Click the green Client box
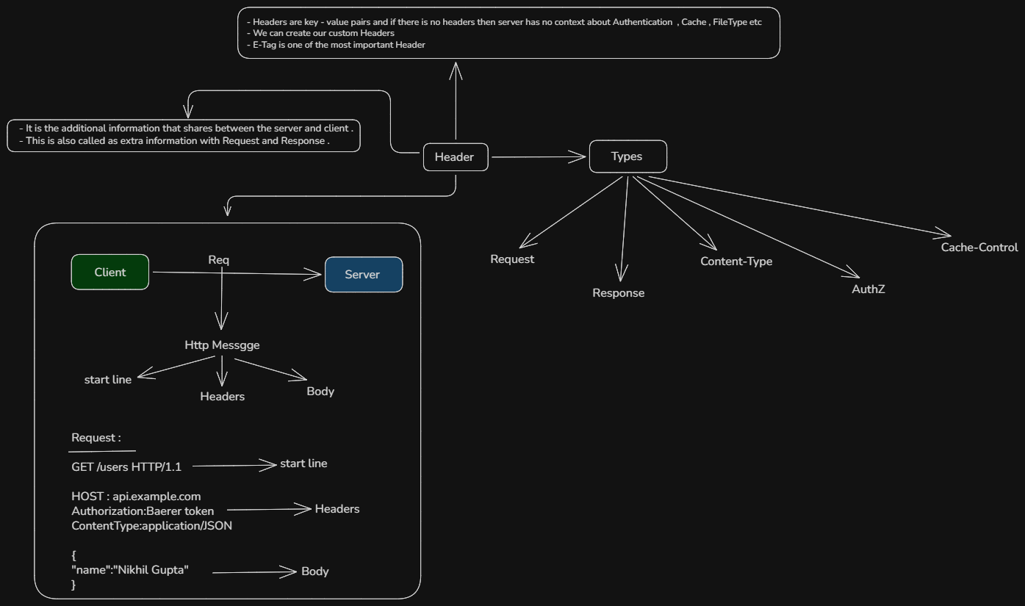(x=109, y=272)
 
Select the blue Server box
(x=364, y=275)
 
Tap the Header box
(x=456, y=157)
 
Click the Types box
(x=627, y=156)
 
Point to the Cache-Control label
(x=979, y=248)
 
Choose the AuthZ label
(x=868, y=289)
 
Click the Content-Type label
(x=736, y=261)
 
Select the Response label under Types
(x=618, y=293)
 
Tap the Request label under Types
(x=512, y=259)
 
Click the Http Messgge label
(x=222, y=345)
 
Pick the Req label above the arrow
(x=219, y=260)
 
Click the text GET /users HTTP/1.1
(x=126, y=467)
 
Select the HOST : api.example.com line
(x=136, y=497)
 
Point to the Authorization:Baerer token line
(x=143, y=511)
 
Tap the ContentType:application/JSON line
(x=151, y=526)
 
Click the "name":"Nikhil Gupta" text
(x=130, y=570)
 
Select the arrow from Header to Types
(x=539, y=157)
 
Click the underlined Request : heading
(x=96, y=438)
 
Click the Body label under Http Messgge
(x=320, y=392)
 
